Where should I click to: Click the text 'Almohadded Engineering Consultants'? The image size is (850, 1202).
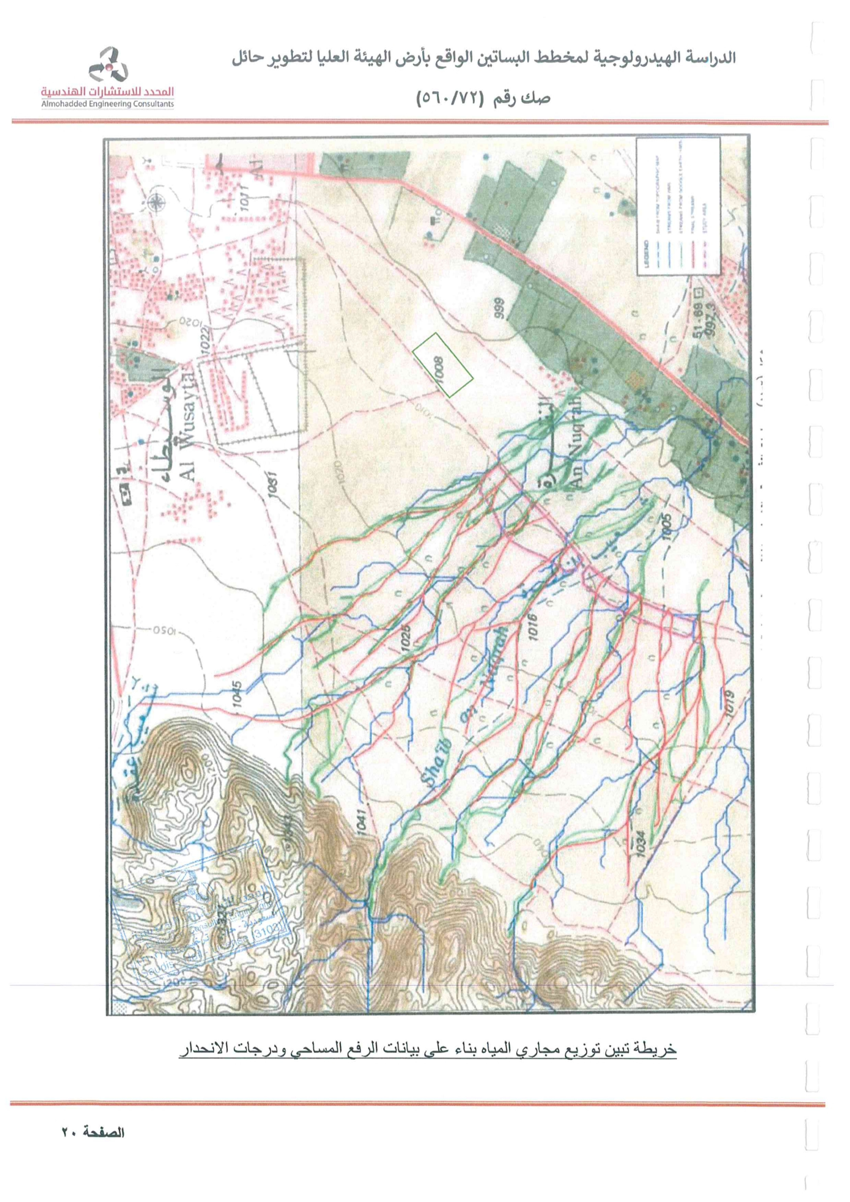point(108,105)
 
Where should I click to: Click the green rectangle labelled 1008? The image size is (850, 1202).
point(443,364)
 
